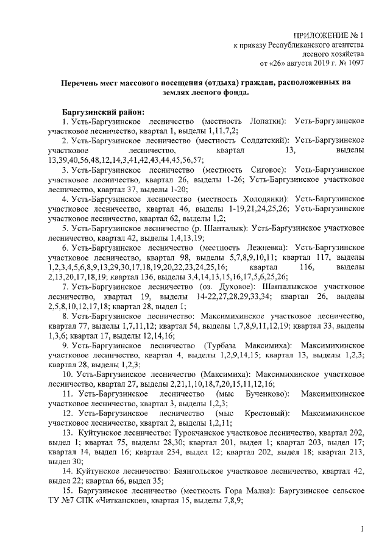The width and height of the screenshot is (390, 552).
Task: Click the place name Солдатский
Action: coord(263,140)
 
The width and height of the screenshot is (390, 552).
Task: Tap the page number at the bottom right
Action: coord(362,530)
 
